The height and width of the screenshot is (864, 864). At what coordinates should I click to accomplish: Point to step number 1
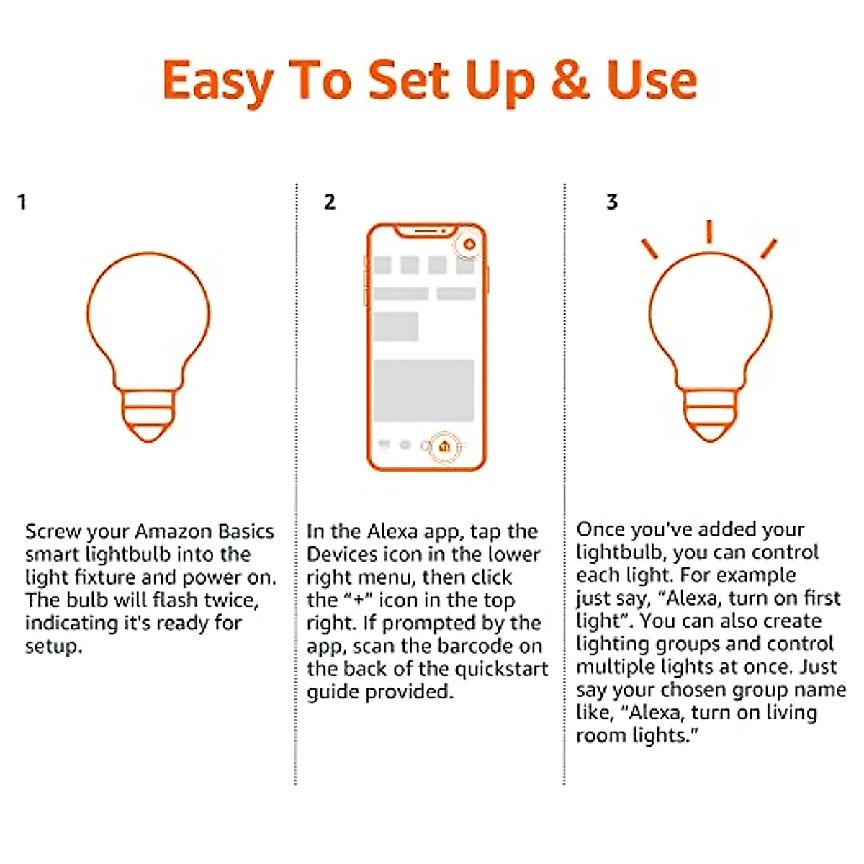[x=22, y=202]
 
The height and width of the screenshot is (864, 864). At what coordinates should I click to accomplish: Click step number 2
[x=330, y=202]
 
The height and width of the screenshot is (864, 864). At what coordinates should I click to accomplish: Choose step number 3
[x=612, y=202]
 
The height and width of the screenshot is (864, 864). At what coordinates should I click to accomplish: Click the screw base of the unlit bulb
[x=148, y=415]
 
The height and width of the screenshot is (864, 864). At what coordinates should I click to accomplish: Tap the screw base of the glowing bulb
[x=711, y=415]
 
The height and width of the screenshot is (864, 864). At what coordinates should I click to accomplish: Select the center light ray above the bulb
[x=709, y=231]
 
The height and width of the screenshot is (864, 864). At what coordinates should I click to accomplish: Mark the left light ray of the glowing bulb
[x=649, y=248]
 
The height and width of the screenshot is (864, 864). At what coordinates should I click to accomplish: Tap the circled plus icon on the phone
[x=469, y=245]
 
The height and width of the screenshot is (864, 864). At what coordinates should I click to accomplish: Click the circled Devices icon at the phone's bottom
[x=444, y=446]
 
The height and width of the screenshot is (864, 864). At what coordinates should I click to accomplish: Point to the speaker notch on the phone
[x=426, y=231]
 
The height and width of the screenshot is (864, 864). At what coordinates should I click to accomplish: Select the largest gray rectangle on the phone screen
[x=423, y=390]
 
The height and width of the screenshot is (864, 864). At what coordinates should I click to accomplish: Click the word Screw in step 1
[x=53, y=531]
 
